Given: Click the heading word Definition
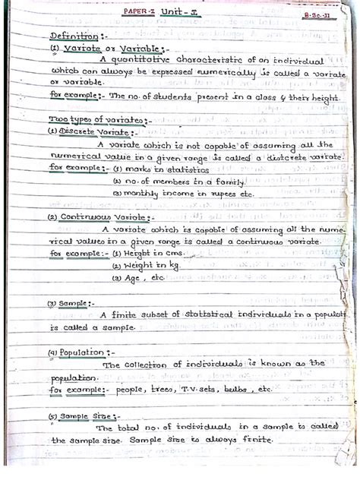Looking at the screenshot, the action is pyautogui.click(x=73, y=36).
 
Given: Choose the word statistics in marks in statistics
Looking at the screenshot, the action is pyautogui.click(x=167, y=169).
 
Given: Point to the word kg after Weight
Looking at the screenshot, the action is pyautogui.click(x=172, y=266).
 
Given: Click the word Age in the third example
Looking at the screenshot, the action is pyautogui.click(x=136, y=278).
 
